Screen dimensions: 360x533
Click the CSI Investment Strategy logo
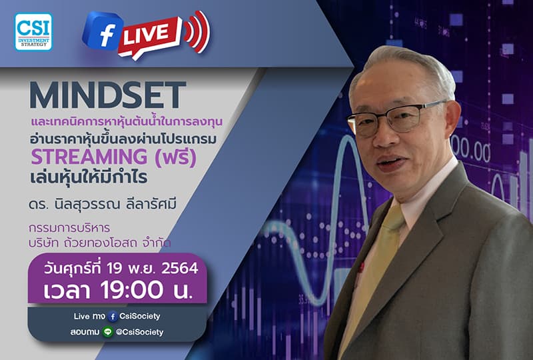(33, 32)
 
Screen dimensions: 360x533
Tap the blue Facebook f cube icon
(101, 31)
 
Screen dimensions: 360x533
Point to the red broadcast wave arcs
(197, 31)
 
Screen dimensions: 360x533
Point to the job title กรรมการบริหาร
(69, 228)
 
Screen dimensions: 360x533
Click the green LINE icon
(107, 331)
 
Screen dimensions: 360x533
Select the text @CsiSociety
(139, 331)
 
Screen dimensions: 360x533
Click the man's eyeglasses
(396, 118)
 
